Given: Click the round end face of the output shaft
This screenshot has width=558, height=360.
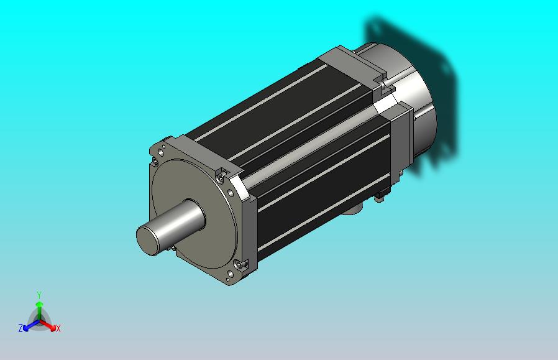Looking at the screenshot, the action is click(x=147, y=239).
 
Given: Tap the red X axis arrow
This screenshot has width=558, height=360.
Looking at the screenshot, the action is click(x=48, y=325).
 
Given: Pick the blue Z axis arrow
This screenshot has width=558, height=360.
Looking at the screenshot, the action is click(x=30, y=325).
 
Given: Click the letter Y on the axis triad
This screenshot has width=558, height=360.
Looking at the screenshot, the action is click(x=39, y=295).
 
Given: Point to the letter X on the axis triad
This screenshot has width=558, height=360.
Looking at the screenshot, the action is click(x=58, y=328).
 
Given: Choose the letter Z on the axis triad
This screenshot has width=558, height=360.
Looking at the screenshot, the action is click(x=21, y=328).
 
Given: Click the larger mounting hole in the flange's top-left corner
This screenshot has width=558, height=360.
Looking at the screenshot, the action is click(x=160, y=152).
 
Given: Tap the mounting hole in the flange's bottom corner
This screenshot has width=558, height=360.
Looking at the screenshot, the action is click(x=231, y=274).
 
